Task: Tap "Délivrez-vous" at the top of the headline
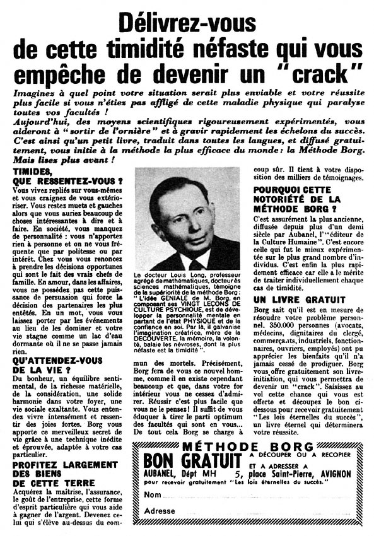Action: tap(187, 21)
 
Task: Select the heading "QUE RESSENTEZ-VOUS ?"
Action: tap(67, 181)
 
